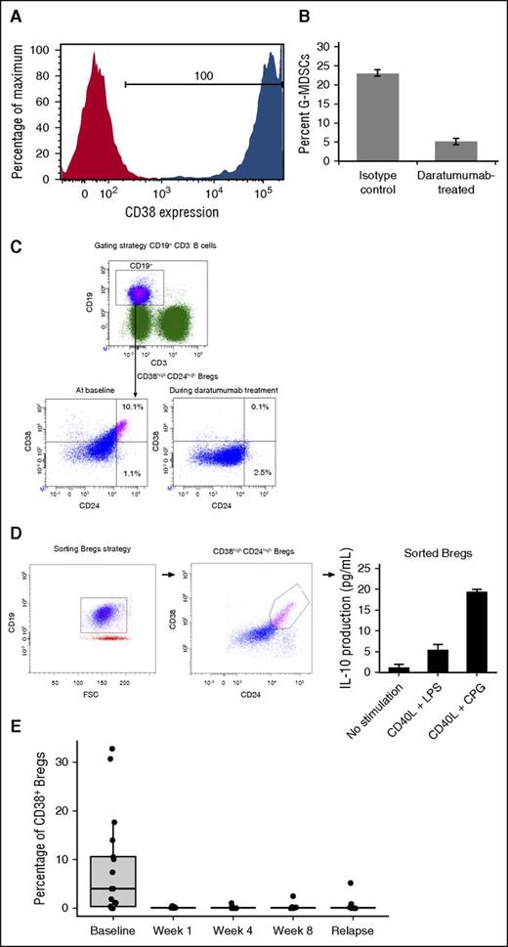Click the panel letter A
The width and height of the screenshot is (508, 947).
17,13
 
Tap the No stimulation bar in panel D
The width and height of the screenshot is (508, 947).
400,668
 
